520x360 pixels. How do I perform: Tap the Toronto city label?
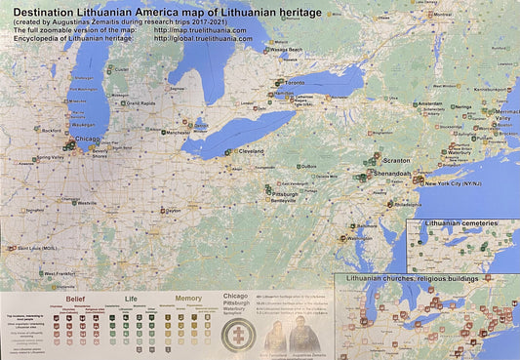click(x=294, y=85)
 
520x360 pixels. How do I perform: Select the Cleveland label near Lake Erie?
click(x=251, y=152)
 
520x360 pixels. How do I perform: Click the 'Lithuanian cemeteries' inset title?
click(x=460, y=224)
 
